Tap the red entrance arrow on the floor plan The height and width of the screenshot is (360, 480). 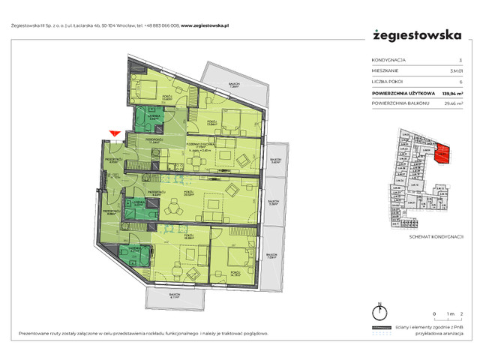click(x=114, y=134)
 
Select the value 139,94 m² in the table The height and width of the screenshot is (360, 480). click(x=451, y=94)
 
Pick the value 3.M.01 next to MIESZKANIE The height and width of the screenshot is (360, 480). click(x=456, y=71)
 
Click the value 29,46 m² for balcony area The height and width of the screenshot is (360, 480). click(x=453, y=106)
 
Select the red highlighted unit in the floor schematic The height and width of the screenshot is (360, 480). click(x=442, y=154)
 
